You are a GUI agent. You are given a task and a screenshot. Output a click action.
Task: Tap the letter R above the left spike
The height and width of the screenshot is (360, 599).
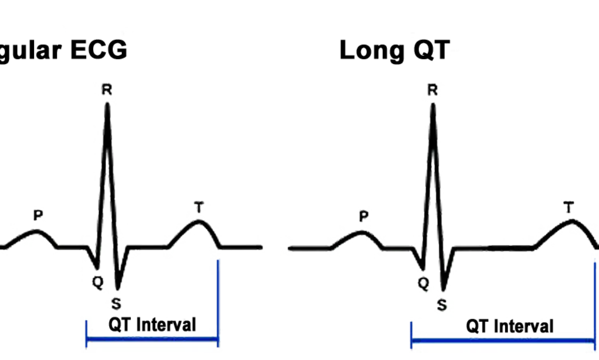tap(107, 90)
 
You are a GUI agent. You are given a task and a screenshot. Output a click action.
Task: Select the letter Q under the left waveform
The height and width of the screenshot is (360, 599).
tap(97, 282)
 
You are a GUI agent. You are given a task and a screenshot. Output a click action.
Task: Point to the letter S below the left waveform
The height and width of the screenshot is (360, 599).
tap(116, 304)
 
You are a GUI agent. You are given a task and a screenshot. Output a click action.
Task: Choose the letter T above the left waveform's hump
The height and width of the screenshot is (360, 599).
tap(199, 207)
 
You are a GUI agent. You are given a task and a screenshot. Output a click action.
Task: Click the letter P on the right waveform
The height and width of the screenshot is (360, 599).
tap(363, 217)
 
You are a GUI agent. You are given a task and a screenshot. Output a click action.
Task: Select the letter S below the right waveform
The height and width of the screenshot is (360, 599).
tap(442, 305)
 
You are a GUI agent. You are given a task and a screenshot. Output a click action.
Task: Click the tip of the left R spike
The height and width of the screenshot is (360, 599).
tap(107, 105)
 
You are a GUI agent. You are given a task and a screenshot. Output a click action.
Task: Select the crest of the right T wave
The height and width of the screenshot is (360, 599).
tap(573, 220)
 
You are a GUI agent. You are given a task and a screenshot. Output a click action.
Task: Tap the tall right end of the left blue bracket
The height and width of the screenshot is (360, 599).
tap(218, 304)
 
